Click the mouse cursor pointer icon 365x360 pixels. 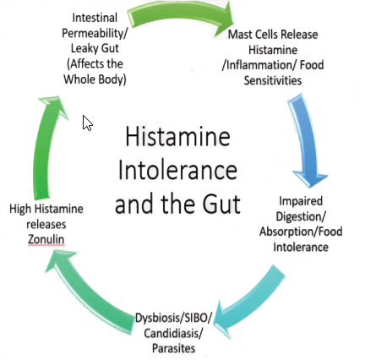(x=87, y=123)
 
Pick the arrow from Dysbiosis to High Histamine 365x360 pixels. (x=84, y=293)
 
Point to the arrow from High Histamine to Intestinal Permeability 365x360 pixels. (x=46, y=146)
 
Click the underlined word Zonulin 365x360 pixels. (x=46, y=239)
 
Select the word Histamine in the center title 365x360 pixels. (x=177, y=137)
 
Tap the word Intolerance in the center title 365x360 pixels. (x=177, y=170)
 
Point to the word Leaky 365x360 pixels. (x=83, y=48)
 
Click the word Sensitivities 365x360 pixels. (x=273, y=80)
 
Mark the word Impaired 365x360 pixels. (x=301, y=202)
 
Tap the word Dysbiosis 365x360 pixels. (x=159, y=318)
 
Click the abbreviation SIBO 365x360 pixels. (x=196, y=318)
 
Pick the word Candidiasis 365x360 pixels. (x=172, y=334)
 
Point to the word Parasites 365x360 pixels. (x=173, y=348)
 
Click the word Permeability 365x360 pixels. (x=93, y=34)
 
